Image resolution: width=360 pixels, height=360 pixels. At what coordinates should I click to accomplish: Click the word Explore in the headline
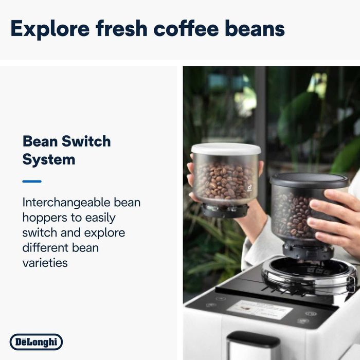pos(49,28)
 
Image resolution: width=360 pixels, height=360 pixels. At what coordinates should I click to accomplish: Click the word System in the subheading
pos(49,159)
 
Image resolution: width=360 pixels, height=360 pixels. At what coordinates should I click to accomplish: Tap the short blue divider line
pos(32,181)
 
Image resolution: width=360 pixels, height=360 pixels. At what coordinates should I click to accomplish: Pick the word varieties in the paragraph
pos(45,263)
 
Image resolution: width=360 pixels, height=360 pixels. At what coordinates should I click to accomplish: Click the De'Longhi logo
pos(36,342)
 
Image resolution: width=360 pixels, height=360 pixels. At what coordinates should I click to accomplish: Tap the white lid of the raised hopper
pos(226,149)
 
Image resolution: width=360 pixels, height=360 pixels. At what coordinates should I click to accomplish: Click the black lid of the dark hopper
pos(310,179)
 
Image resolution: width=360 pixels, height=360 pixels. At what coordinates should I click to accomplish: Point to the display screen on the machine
pos(260,310)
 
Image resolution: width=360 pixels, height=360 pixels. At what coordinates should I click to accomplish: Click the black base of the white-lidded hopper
pos(225,210)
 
